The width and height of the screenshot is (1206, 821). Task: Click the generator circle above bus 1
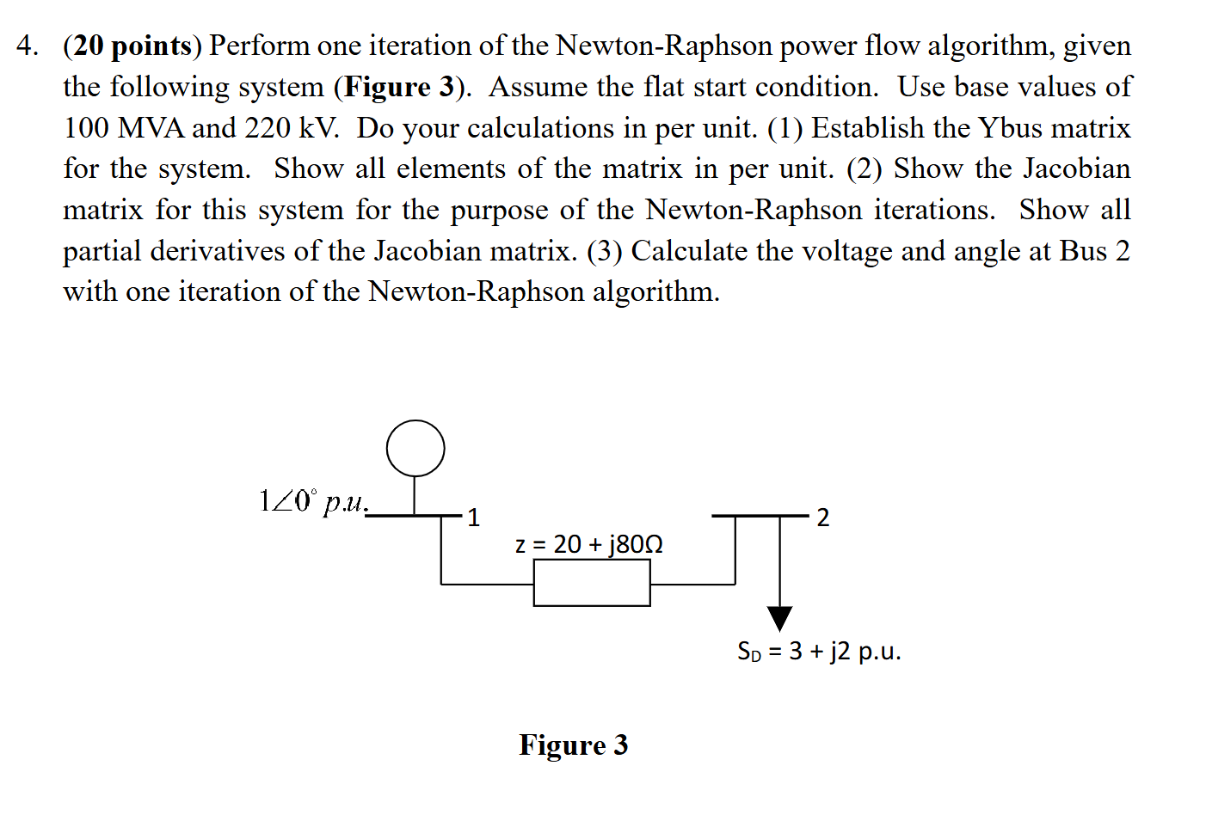[415, 448]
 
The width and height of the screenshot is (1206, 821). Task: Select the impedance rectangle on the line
[592, 583]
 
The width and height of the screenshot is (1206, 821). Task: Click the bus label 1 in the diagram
[473, 518]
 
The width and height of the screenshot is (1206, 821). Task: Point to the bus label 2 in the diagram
[822, 518]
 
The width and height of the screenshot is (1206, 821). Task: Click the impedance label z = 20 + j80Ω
[588, 544]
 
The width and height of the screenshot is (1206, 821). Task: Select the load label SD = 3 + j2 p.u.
[818, 651]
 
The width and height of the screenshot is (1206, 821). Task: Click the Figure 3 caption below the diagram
[573, 744]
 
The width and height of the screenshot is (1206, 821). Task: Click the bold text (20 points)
[132, 46]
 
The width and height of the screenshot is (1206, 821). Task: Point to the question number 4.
[27, 46]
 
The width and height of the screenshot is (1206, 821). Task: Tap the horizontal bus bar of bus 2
[760, 516]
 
